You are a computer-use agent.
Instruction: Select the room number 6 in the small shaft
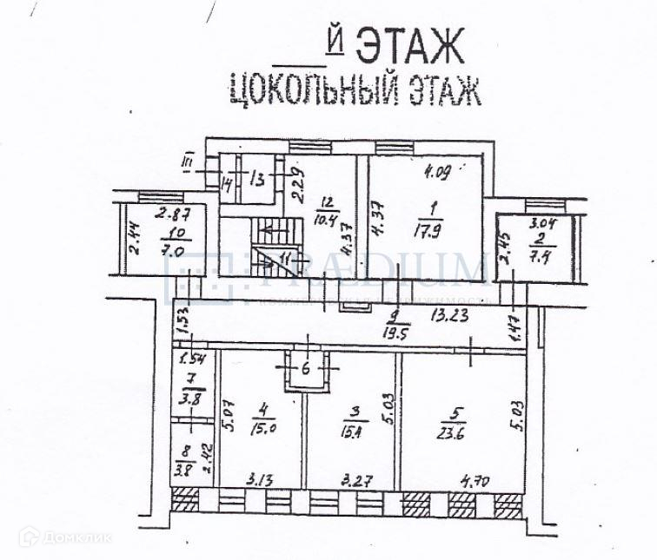click(x=305, y=367)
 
